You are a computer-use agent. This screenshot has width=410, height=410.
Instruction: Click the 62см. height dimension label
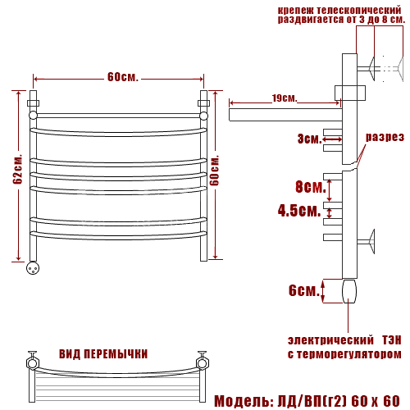(x=18, y=170)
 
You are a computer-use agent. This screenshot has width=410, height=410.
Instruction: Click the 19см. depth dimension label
(x=285, y=98)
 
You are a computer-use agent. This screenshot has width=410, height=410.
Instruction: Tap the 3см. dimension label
(x=309, y=139)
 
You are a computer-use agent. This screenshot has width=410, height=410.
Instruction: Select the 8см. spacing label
(x=311, y=187)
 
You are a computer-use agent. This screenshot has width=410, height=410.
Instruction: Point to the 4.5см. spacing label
(x=299, y=211)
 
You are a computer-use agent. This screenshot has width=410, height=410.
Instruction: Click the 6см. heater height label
(x=304, y=290)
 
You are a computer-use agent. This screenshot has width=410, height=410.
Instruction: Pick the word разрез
(x=385, y=137)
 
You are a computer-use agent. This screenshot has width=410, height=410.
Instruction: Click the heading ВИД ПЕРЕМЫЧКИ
(x=103, y=354)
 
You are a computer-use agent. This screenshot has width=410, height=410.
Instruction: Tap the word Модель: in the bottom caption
(x=244, y=401)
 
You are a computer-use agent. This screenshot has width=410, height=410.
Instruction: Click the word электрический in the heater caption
(x=330, y=340)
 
